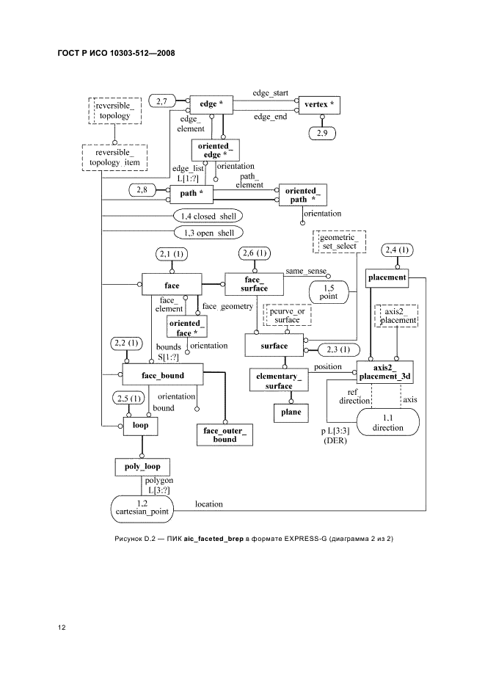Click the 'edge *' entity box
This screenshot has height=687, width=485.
(211, 104)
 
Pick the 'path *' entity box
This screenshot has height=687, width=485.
(191, 194)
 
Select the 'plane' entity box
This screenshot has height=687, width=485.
(291, 412)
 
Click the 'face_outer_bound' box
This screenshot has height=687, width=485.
(225, 435)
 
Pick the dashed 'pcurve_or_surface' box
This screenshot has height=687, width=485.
(288, 315)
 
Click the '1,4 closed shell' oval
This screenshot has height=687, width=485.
(208, 216)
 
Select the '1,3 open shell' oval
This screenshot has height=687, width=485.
(208, 233)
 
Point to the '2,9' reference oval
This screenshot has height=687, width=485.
(323, 134)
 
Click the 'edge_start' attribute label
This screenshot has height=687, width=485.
(270, 94)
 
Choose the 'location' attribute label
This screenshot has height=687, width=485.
(209, 504)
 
